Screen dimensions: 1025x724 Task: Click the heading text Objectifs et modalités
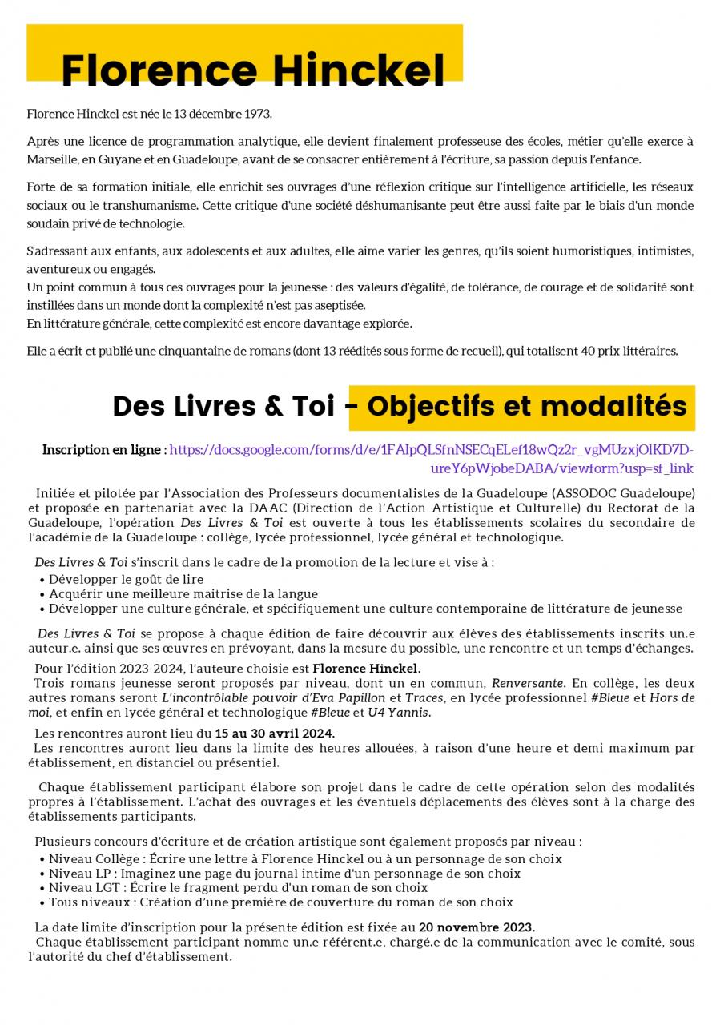tap(526, 407)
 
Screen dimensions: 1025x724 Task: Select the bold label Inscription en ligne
tap(102, 450)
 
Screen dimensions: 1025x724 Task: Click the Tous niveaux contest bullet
tap(280, 902)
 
